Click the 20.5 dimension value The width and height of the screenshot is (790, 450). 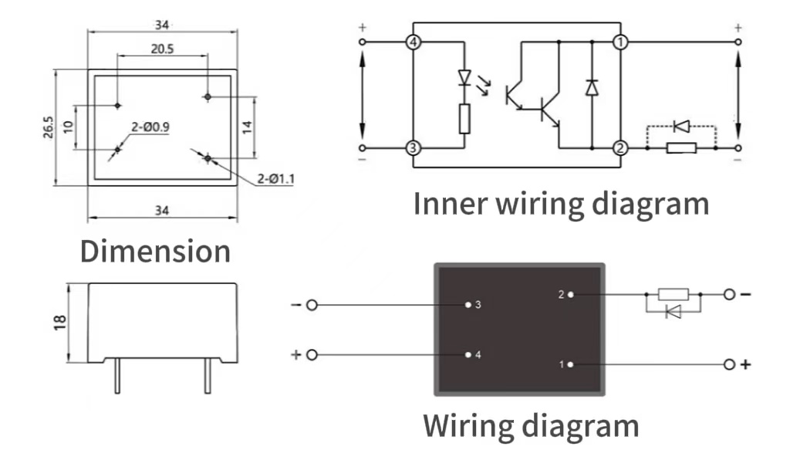tap(162, 48)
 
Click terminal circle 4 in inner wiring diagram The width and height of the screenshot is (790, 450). tap(414, 42)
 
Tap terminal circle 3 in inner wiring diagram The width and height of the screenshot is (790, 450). tap(414, 147)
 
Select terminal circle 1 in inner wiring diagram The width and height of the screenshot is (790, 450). tap(620, 42)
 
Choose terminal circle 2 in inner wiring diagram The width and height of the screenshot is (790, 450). tap(620, 147)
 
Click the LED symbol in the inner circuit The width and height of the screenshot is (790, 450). tap(464, 77)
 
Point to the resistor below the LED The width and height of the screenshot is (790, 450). tap(464, 118)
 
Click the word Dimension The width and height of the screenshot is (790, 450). tap(155, 252)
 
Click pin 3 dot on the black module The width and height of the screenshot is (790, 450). tap(468, 305)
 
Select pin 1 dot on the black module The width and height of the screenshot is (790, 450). tap(570, 364)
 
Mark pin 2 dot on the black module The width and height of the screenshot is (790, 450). tap(570, 294)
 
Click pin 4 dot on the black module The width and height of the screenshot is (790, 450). tap(468, 355)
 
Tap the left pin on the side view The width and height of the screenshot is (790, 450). tap(116, 378)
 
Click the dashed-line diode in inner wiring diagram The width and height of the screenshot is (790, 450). tap(682, 125)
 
